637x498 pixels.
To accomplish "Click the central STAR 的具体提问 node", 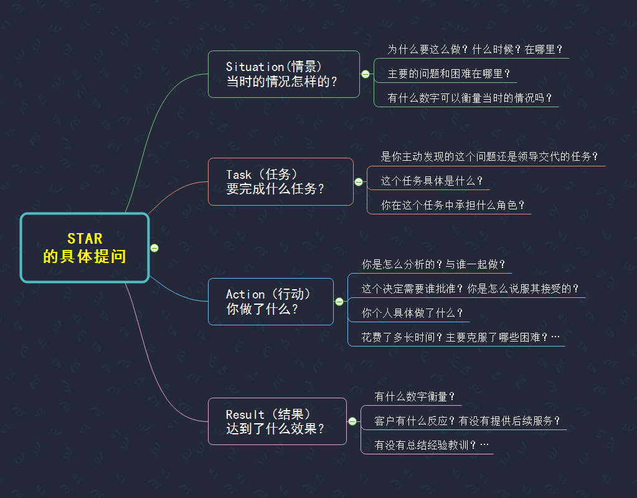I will tap(85, 247).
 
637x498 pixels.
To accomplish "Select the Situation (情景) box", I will tap(283, 74).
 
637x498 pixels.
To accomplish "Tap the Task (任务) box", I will tap(280, 181).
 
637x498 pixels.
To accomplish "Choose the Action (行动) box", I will tap(270, 301).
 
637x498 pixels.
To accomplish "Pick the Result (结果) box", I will tap(276, 421).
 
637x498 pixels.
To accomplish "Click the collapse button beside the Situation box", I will tap(366, 74).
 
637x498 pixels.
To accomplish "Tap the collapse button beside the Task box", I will tap(359, 182).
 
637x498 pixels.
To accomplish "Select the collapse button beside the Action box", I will tap(339, 302).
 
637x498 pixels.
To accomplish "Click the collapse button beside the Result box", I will tap(352, 421).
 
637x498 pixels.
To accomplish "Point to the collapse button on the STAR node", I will tap(154, 248).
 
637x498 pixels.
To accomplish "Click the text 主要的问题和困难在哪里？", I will tap(445, 74).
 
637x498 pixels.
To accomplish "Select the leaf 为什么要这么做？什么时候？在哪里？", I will tap(475, 49).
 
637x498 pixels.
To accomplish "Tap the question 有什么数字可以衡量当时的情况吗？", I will tap(470, 98).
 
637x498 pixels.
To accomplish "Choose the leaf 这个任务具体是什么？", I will tap(432, 181).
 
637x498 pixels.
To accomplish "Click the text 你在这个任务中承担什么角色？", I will tap(453, 205).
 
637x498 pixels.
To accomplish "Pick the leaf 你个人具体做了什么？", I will tap(412, 313).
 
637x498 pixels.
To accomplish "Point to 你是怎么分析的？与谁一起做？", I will tap(433, 264).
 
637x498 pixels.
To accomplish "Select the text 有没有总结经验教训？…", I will tap(432, 445).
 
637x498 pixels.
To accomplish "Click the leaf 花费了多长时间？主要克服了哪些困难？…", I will tap(461, 337).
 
